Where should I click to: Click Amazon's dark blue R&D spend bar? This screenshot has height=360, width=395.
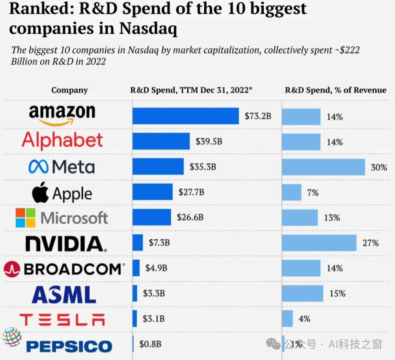coord(185,116)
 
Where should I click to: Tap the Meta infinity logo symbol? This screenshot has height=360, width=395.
coord(38,167)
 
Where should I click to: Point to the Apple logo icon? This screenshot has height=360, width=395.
coord(40,192)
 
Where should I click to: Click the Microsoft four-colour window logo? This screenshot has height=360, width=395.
coord(25,218)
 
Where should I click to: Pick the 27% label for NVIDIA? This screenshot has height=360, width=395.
coord(371,243)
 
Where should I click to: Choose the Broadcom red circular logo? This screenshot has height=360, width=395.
coord(12,269)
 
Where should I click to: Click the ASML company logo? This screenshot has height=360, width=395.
coord(63,294)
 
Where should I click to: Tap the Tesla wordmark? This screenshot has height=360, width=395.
coord(62,319)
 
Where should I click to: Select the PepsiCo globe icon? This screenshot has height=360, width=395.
coord(12,337)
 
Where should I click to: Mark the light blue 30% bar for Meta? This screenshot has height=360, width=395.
coord(323,167)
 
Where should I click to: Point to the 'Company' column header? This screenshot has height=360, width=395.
coord(69,90)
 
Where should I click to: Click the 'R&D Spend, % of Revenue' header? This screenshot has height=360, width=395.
coord(336,90)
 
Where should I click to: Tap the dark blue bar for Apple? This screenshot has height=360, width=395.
coord(152,192)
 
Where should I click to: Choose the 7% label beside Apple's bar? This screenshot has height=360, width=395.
coord(313,193)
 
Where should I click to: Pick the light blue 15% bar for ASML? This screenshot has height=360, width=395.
coord(302,294)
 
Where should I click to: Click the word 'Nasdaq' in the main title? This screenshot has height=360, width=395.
coord(148,29)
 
